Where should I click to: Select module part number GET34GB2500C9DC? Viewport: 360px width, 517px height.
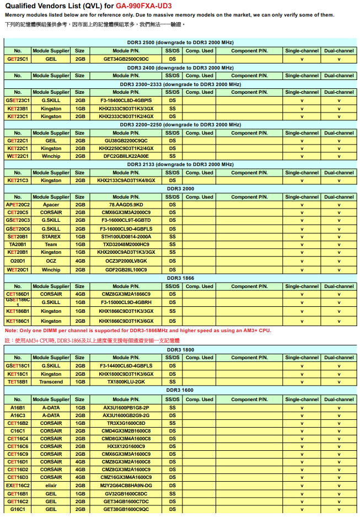coord(126,58)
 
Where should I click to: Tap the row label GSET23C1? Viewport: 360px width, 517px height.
coord(18,100)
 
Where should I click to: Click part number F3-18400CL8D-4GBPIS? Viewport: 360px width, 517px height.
coord(126,100)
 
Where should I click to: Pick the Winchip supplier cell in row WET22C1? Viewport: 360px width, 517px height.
coord(51,156)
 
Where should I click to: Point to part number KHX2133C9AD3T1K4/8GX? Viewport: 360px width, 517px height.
coord(126,180)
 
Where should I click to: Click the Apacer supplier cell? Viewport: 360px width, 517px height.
coord(51,205)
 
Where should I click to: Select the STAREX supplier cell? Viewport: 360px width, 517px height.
coord(51,236)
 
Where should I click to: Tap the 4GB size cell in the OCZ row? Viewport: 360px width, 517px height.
coord(80,260)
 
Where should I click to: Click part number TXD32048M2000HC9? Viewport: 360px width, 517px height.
coord(126,244)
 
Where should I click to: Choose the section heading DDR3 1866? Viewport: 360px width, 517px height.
coord(180,278)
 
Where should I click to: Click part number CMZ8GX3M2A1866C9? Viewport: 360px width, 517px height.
coord(126,294)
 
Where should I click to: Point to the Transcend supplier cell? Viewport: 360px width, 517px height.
coord(51,382)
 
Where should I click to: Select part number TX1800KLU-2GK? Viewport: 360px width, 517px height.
coord(126,382)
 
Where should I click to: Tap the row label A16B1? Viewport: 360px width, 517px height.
coord(18,407)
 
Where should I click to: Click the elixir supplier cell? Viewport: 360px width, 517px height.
coord(51,486)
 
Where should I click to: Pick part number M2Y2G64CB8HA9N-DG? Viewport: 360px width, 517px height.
coord(126,486)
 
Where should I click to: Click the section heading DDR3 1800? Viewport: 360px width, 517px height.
coord(180,349)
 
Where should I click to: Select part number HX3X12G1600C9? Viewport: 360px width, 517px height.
coord(126,446)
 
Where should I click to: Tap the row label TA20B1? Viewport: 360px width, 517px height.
coord(18,244)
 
